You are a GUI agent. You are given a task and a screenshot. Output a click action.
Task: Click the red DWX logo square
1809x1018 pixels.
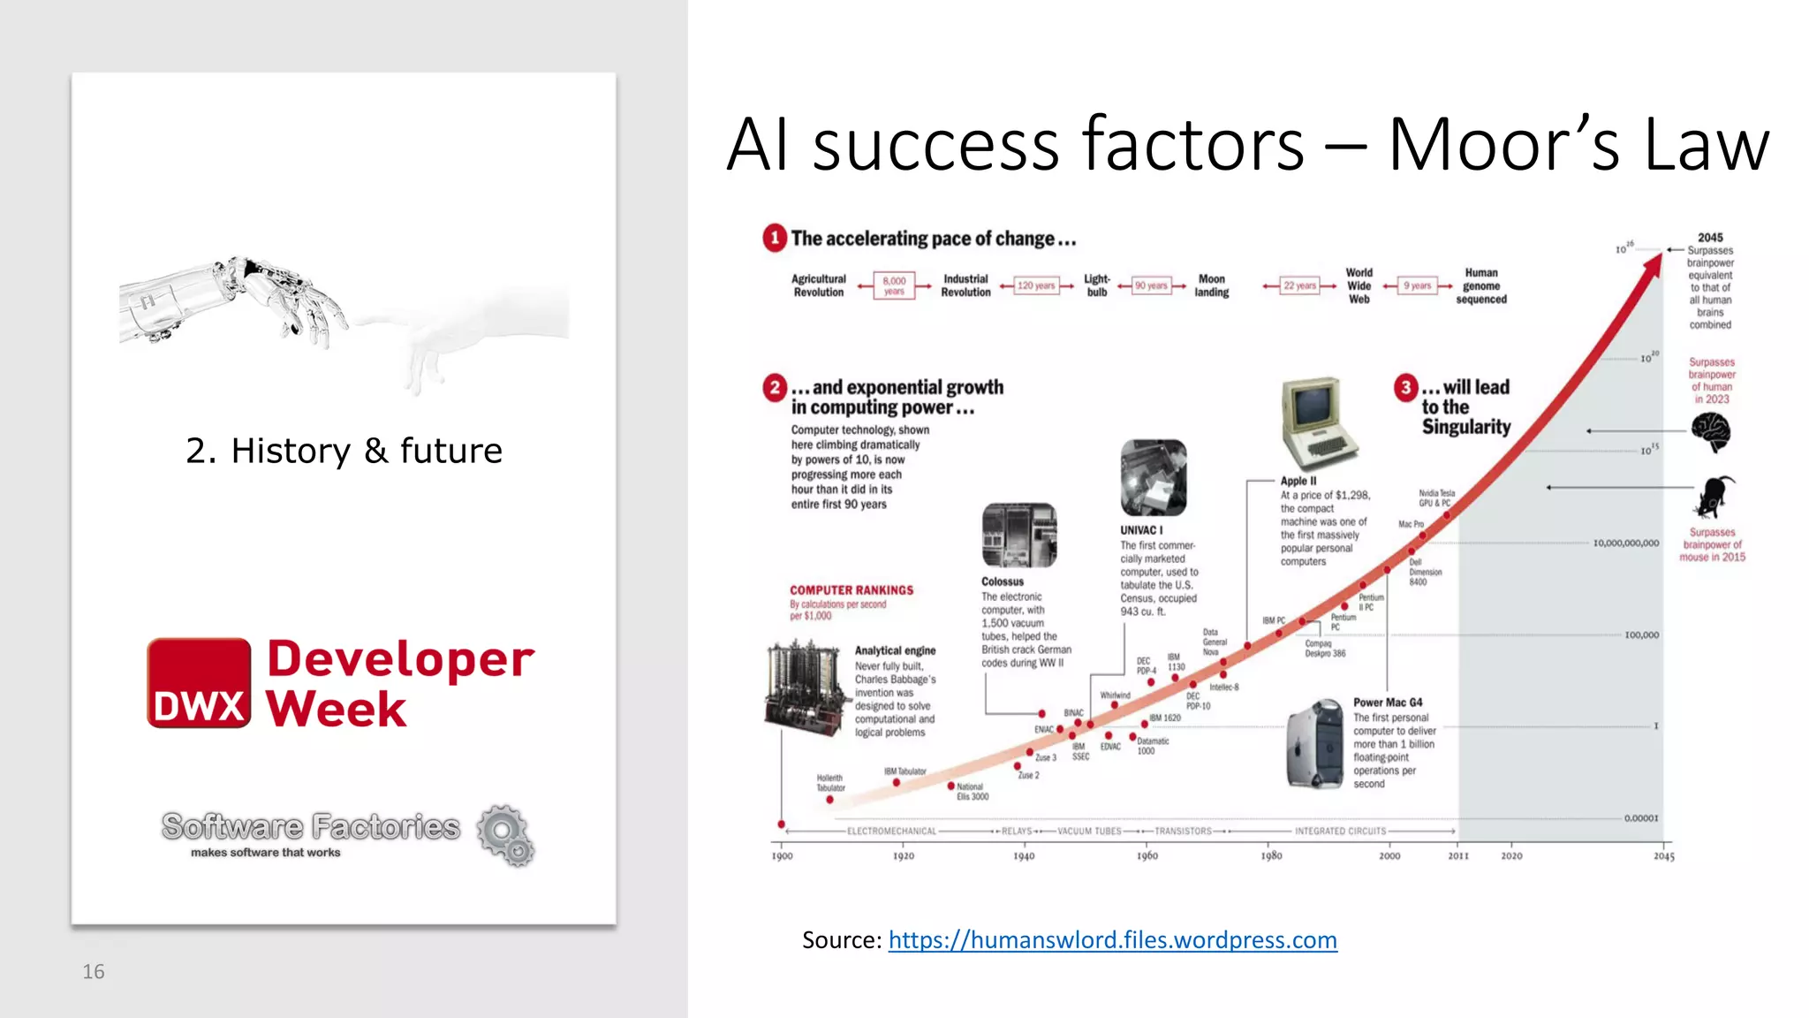(199, 683)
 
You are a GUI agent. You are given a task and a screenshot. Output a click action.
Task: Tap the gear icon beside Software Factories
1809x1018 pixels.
(505, 834)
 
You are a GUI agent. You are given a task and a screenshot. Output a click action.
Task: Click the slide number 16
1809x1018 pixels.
(93, 972)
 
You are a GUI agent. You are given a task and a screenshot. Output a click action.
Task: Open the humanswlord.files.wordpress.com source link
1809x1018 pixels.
(1112, 939)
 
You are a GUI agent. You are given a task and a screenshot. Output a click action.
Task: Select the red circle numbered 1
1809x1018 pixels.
(775, 238)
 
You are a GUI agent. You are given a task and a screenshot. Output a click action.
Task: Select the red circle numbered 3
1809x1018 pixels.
(1406, 387)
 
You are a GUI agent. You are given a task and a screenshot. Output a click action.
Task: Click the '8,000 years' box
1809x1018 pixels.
(894, 285)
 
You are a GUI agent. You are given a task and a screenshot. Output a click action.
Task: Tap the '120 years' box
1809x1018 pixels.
(1035, 285)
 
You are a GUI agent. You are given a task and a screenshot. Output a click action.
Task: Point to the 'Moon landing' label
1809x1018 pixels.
(1212, 285)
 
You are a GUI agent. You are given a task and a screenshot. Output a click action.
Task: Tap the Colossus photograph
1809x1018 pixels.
(1018, 536)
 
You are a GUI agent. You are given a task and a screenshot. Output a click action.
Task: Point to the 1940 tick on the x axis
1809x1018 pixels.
(1024, 855)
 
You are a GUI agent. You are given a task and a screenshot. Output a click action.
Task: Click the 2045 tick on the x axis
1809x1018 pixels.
(1664, 855)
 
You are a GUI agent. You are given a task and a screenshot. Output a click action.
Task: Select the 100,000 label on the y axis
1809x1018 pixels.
(1641, 634)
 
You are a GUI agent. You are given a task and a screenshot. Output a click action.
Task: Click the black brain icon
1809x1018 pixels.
(1711, 432)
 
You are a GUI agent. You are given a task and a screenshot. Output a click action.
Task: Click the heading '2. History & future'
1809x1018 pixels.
(344, 451)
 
